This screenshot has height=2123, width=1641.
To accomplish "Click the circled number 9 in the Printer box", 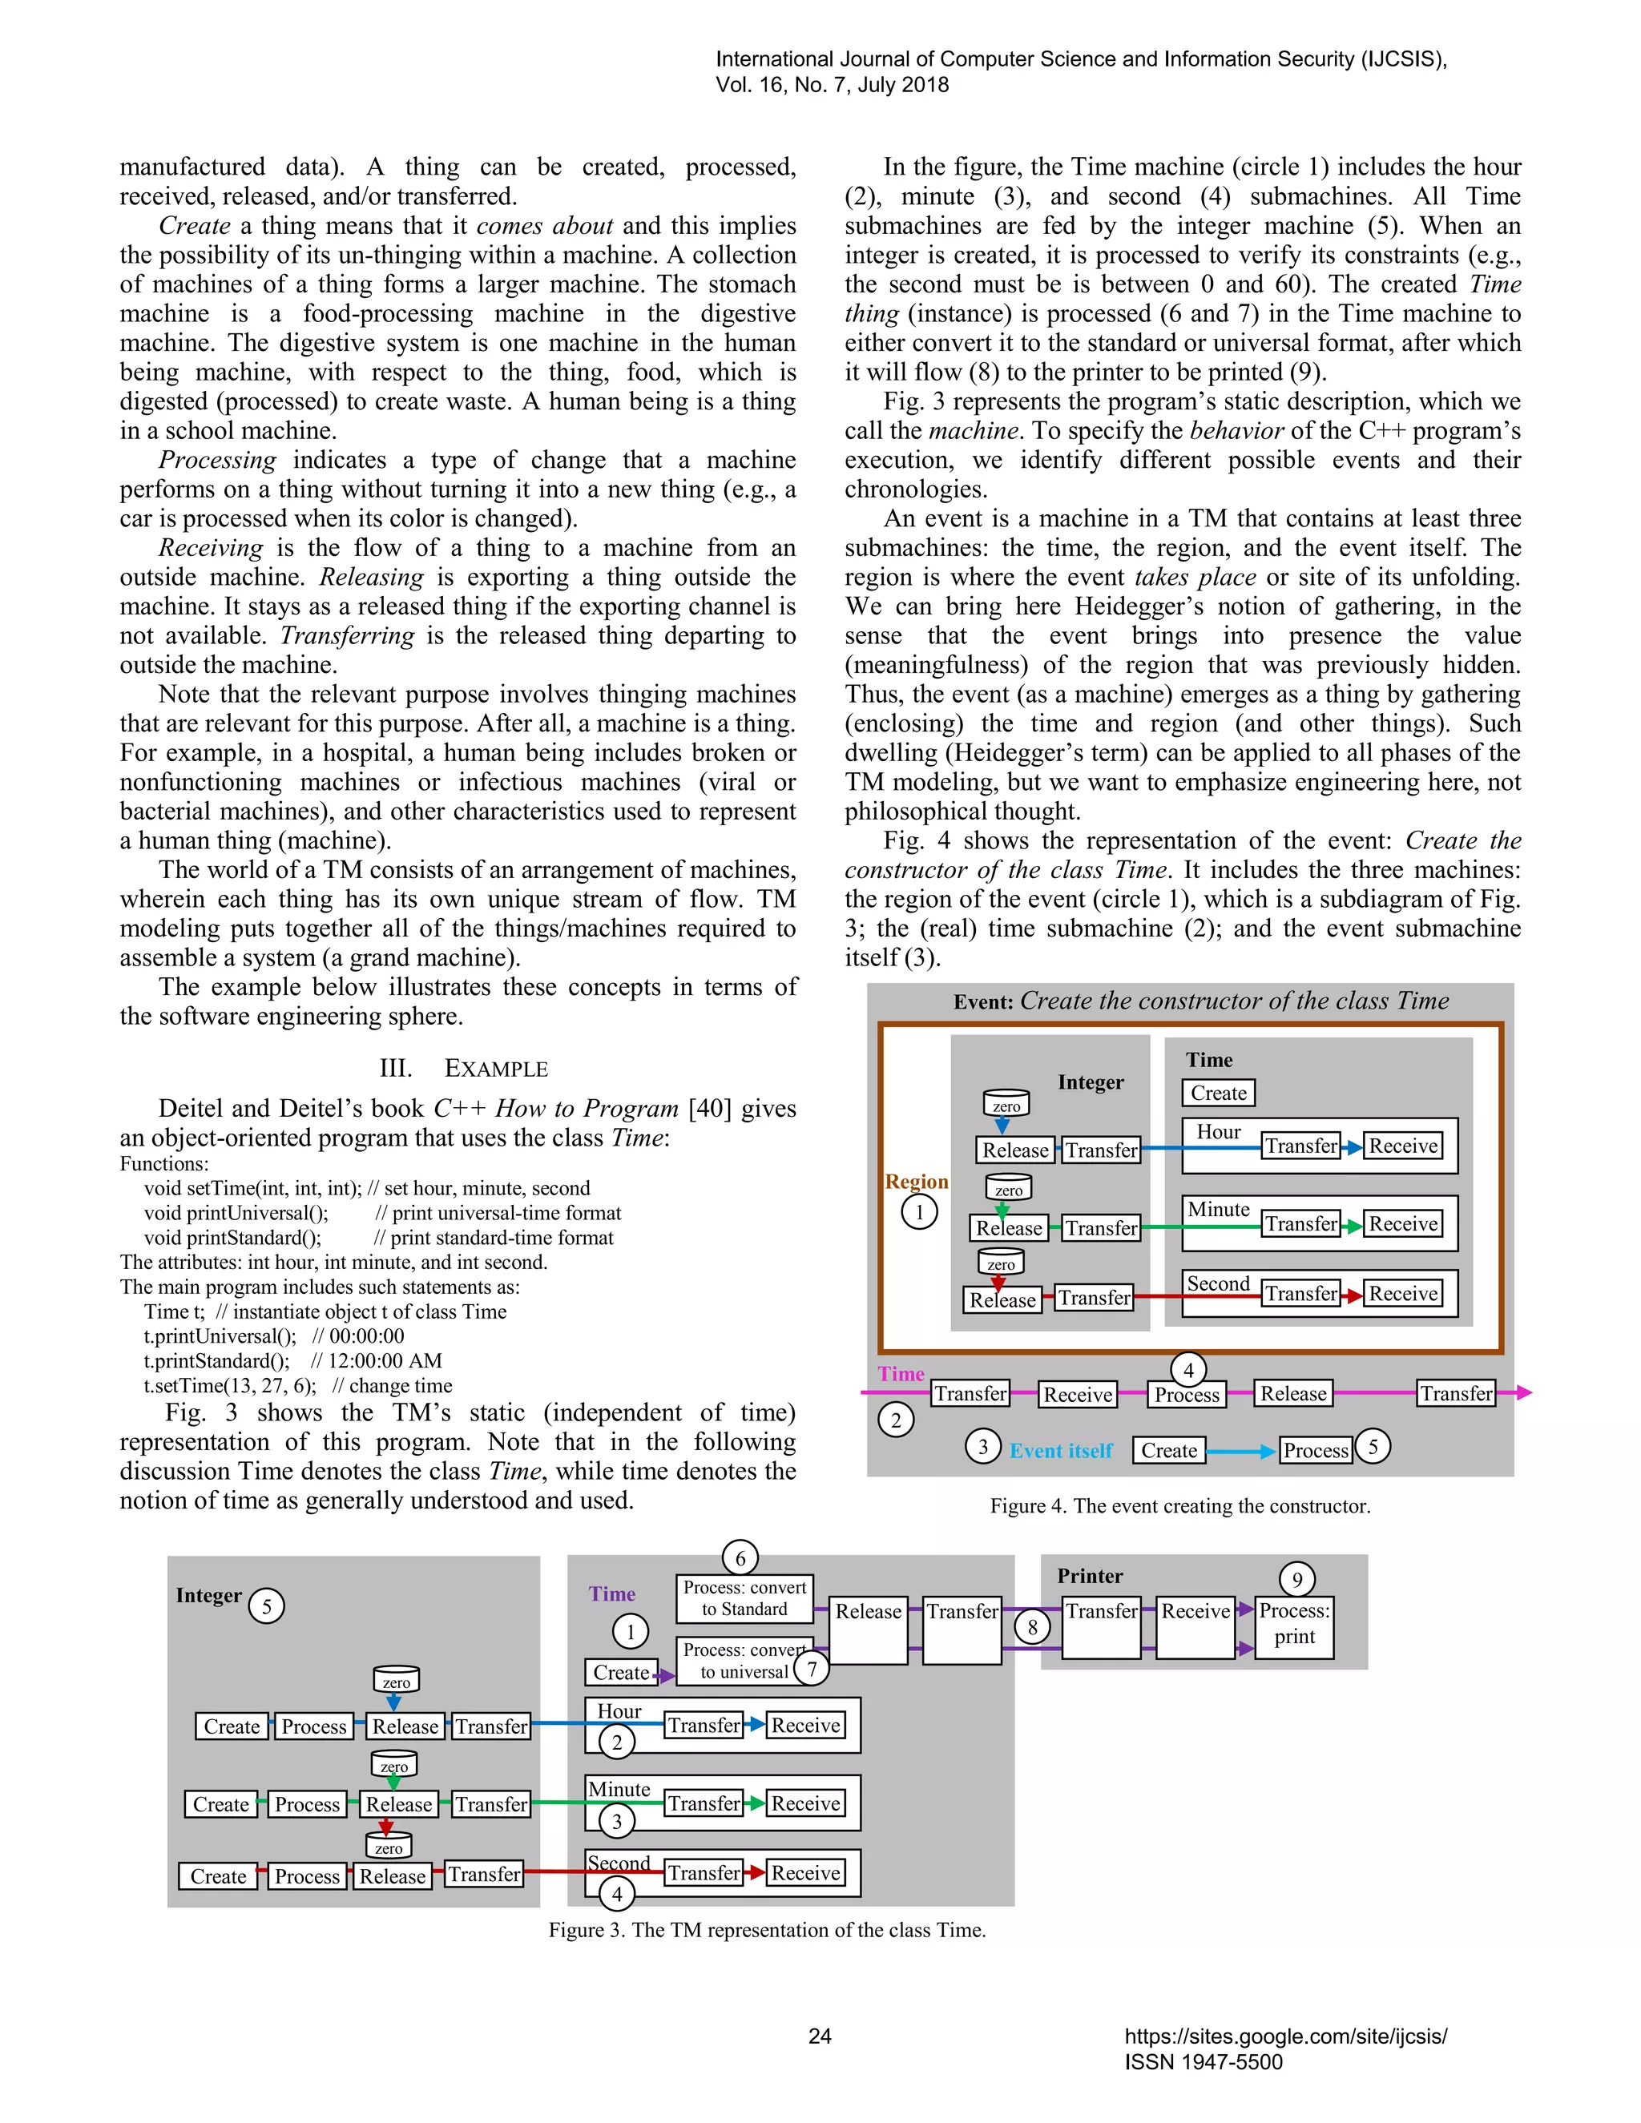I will coord(1297,1579).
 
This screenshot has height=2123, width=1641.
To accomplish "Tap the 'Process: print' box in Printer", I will coord(1294,1625).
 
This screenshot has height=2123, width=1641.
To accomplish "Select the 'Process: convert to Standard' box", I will coord(744,1598).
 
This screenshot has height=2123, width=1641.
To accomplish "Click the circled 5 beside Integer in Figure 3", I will coord(266,1605).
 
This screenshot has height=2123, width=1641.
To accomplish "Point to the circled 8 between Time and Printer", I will coord(1032,1626).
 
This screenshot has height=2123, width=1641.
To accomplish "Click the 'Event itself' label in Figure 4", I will coord(1061,1450).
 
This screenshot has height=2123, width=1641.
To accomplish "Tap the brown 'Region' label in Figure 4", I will coord(916,1181).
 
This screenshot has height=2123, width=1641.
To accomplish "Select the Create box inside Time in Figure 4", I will coord(1218,1093).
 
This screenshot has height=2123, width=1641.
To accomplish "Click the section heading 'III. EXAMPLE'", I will coord(464,1068).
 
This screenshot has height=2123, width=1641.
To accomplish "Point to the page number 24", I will coord(820,2036).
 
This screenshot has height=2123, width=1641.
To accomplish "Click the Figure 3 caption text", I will coord(767,1930).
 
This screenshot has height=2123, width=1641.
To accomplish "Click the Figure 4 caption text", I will coord(1179,1506).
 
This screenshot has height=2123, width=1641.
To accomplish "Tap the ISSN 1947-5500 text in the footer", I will coord(1204,2062).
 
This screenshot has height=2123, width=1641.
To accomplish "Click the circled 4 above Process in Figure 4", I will coord(1188,1370).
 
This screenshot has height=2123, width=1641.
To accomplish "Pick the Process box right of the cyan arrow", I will coord(1316,1450).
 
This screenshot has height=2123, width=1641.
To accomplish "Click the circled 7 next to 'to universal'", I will coord(812,1669).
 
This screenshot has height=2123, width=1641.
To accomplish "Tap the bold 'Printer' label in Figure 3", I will coord(1090,1576).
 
